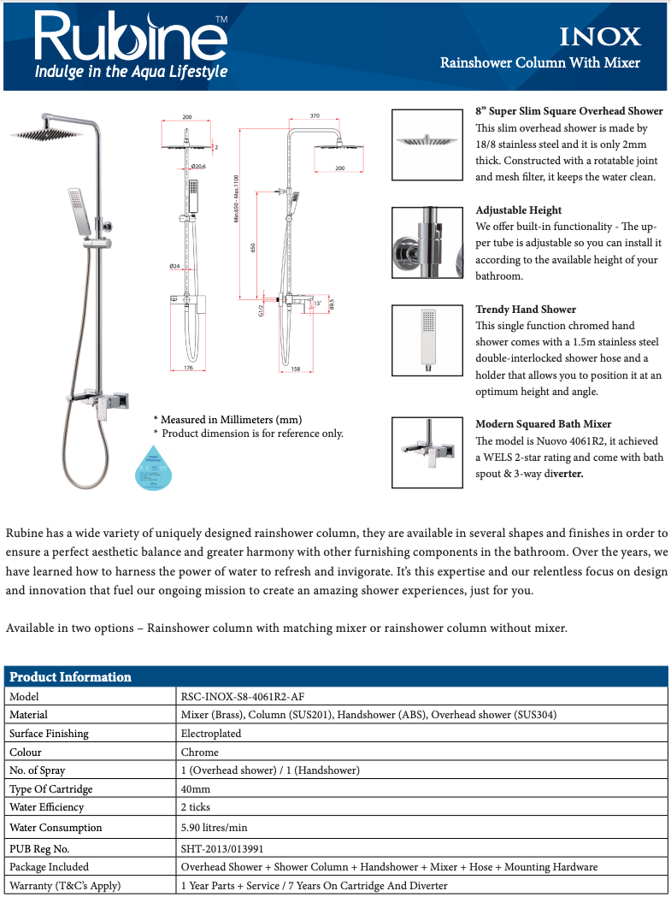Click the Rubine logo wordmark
click(128, 36)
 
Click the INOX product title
click(599, 37)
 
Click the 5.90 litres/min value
click(213, 827)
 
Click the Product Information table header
click(71, 676)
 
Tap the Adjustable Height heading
click(518, 209)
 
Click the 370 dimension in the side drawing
click(314, 115)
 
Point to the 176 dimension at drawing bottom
click(188, 368)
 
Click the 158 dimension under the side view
click(294, 369)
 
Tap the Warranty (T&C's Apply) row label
click(65, 885)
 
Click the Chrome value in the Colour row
click(199, 752)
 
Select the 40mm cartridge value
click(196, 788)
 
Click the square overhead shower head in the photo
click(46, 133)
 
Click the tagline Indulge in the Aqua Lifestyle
click(131, 72)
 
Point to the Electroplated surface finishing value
click(211, 734)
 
